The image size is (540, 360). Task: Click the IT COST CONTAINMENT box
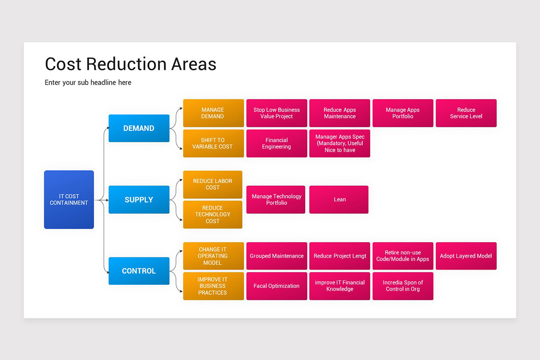pos(69,199)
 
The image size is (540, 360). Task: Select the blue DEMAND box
pos(139,128)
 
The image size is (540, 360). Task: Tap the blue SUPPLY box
pos(139,199)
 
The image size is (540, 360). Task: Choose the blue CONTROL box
pos(139,271)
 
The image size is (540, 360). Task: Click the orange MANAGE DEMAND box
pos(213,113)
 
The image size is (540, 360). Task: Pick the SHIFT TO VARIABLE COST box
pos(213,143)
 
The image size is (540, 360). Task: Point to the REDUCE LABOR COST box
pos(212,184)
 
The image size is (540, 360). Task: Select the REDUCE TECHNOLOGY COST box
pos(212,214)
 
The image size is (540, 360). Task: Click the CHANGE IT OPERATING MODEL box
pos(213,256)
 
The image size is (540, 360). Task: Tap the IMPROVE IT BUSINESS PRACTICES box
pos(213,286)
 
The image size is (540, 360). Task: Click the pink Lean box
pos(339,199)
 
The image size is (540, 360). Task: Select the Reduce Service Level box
pos(466,113)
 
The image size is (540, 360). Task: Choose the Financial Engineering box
pos(276,143)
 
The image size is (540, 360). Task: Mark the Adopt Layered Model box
pos(466,256)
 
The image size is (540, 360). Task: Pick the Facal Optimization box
pos(276,286)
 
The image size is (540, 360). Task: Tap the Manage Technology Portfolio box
pos(275,199)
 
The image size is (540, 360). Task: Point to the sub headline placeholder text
pos(88,82)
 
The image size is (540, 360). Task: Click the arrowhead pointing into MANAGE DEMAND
pos(181,109)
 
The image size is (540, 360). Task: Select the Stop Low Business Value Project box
pos(276,113)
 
